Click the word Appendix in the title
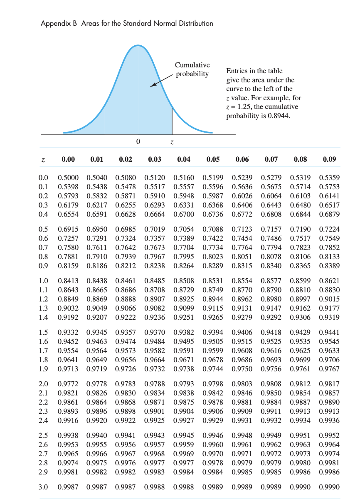[x=54, y=24]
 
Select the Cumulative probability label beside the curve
[x=192, y=69]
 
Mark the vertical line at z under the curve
[x=172, y=120]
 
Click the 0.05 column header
[x=213, y=159]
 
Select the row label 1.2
[x=43, y=299]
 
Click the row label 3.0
[x=43, y=487]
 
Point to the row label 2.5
[x=43, y=436]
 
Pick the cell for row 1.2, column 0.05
[x=213, y=299]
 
